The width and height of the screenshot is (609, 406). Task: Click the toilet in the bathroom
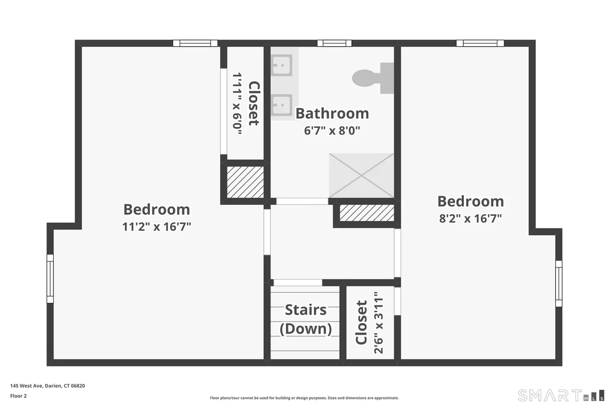pyautogui.click(x=373, y=77)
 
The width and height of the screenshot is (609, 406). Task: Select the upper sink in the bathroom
pyautogui.click(x=282, y=65)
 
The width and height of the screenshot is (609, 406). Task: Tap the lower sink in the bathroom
pyautogui.click(x=282, y=104)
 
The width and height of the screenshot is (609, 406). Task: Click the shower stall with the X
pyautogui.click(x=361, y=175)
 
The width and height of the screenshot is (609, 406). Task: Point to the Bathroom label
pyautogui.click(x=332, y=113)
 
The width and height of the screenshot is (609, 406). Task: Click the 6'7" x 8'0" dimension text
pyautogui.click(x=332, y=130)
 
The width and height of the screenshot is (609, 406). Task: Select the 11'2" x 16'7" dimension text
pyautogui.click(x=157, y=226)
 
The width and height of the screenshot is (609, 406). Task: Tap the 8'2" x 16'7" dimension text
pyautogui.click(x=470, y=218)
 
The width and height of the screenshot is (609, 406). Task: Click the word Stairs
pyautogui.click(x=306, y=310)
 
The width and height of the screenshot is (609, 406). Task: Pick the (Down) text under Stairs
pyautogui.click(x=306, y=329)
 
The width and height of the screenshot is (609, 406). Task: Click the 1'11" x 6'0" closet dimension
pyautogui.click(x=237, y=104)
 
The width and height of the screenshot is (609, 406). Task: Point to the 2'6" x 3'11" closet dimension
pyautogui.click(x=378, y=323)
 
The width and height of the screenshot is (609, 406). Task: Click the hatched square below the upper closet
pyautogui.click(x=245, y=182)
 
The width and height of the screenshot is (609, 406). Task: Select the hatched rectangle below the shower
pyautogui.click(x=367, y=213)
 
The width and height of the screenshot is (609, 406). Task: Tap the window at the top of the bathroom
pyautogui.click(x=334, y=43)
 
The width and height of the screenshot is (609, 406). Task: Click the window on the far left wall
pyautogui.click(x=50, y=279)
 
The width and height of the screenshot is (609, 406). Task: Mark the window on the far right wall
pyautogui.click(x=558, y=283)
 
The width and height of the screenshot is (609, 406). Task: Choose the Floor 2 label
pyautogui.click(x=18, y=396)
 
